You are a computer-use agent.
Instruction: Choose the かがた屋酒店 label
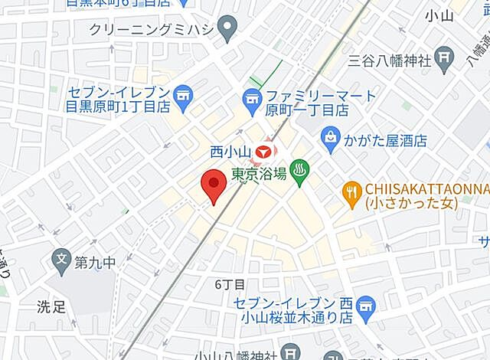tap(385, 142)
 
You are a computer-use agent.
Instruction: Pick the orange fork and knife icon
tap(351, 195)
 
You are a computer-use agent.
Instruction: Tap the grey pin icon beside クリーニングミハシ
tap(226, 30)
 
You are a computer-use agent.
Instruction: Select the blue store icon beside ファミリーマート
tap(250, 97)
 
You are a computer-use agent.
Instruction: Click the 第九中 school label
tap(95, 263)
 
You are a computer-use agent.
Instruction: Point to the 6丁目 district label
tap(229, 284)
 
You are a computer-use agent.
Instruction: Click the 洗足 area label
tap(53, 307)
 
